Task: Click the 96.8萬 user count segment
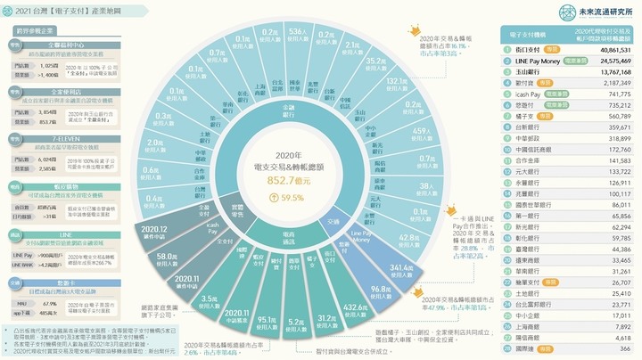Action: click(x=382, y=290)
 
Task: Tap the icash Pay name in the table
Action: click(x=532, y=93)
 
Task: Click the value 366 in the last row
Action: click(x=623, y=349)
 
